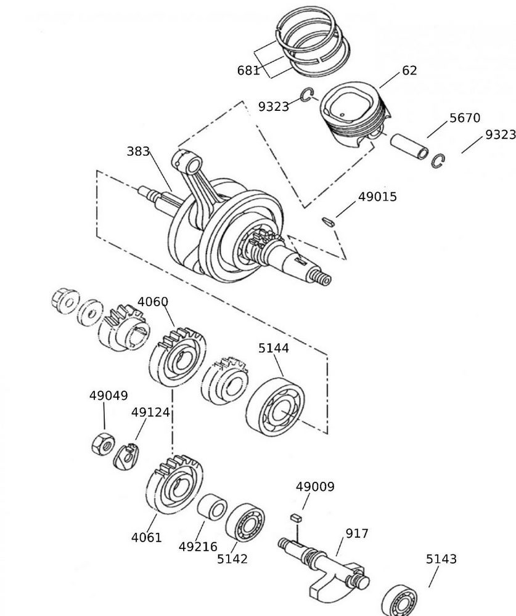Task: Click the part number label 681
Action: click(x=248, y=70)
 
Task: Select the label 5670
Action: click(x=464, y=118)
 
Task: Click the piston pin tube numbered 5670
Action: click(x=409, y=145)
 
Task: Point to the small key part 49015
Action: click(x=329, y=220)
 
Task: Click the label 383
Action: click(x=138, y=151)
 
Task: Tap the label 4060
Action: click(x=152, y=302)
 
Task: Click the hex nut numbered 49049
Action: click(x=100, y=444)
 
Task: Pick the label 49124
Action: click(x=150, y=412)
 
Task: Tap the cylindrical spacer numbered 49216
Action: click(x=212, y=508)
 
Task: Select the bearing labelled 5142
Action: click(x=245, y=522)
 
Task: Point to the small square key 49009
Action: click(x=296, y=518)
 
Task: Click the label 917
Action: click(x=356, y=533)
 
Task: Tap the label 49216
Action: click(x=198, y=546)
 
